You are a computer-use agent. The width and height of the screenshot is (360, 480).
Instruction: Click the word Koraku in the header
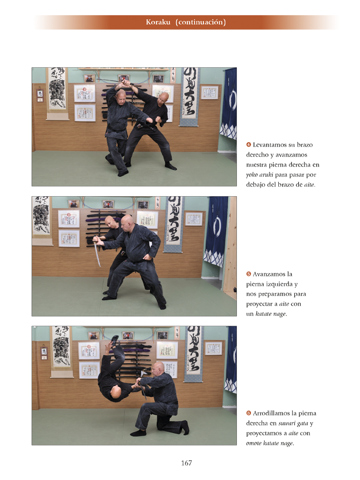pyautogui.click(x=158, y=22)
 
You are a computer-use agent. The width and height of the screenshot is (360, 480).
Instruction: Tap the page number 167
pyautogui.click(x=186, y=463)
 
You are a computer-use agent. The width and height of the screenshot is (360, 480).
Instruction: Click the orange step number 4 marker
pyautogui.click(x=249, y=145)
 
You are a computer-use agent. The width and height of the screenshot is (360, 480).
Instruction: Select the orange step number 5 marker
pyautogui.click(x=249, y=274)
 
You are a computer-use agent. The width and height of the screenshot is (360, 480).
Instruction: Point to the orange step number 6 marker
pyautogui.click(x=249, y=413)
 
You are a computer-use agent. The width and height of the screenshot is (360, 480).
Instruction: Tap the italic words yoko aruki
pyautogui.click(x=260, y=175)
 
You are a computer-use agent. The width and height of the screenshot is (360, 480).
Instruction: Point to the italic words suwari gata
pyautogui.click(x=293, y=424)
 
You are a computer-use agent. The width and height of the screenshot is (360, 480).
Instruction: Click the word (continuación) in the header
pyautogui.click(x=200, y=22)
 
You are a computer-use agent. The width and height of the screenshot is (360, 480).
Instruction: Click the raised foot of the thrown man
pyautogui.click(x=114, y=340)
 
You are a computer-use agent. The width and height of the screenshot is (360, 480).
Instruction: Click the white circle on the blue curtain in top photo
pyautogui.click(x=233, y=100)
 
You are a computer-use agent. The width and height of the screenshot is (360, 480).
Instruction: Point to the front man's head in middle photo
pyautogui.click(x=126, y=223)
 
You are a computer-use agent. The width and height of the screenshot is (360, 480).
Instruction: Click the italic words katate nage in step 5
pyautogui.click(x=270, y=314)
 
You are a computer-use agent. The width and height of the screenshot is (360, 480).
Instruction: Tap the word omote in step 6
pyautogui.click(x=253, y=443)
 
